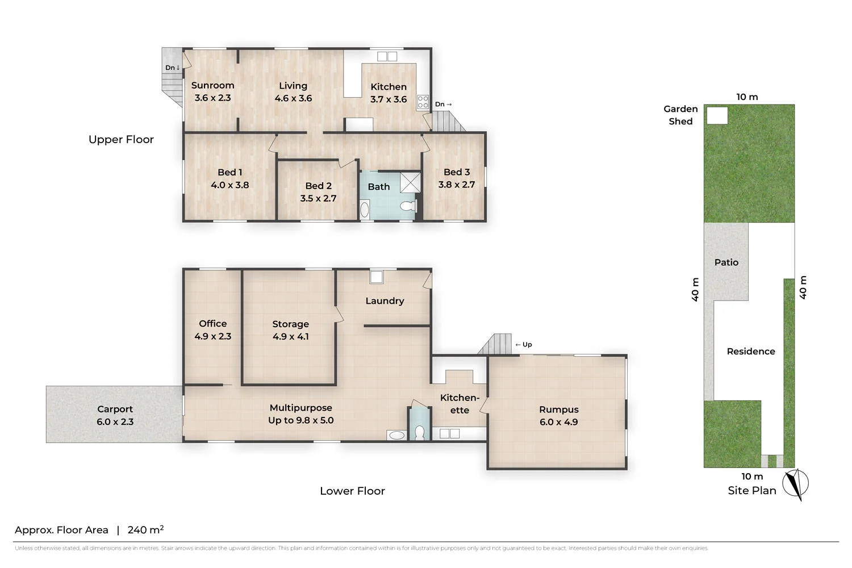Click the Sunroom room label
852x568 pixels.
212,85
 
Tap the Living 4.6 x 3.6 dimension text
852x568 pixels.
293,98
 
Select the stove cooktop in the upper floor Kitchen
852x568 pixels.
423,102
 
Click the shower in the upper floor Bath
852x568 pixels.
411,183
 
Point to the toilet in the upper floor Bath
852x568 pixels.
408,206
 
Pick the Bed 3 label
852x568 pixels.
457,172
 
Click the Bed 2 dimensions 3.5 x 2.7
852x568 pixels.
318,198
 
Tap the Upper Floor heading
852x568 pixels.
121,139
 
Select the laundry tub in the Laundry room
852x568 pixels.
376,277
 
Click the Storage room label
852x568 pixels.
291,324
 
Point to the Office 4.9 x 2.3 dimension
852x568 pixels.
213,336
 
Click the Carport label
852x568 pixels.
115,409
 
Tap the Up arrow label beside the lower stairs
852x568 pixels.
524,344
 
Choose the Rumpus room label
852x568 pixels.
559,410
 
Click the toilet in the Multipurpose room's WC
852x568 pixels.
420,433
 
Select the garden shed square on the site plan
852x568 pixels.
717,115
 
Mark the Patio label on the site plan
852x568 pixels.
726,262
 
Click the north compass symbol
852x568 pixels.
796,484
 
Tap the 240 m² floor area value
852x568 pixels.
145,529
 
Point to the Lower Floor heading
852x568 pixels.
353,491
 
